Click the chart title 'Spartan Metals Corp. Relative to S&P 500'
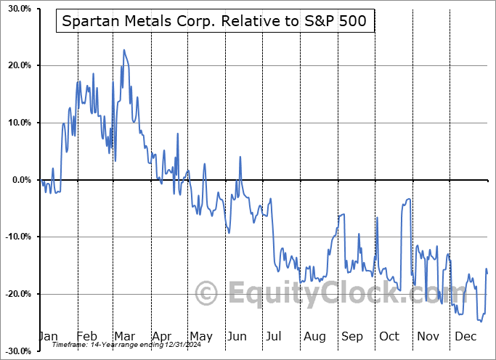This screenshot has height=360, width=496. point(216,22)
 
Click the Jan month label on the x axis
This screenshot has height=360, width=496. point(48,336)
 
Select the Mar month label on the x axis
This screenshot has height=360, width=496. point(124,336)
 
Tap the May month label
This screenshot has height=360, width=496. point(200,336)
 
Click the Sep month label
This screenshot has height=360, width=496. point(352,336)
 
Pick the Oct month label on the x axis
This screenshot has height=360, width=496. point(390,336)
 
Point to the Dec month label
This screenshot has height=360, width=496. point(465,336)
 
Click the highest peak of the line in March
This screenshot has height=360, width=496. point(124,50)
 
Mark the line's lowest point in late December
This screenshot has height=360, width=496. point(480,321)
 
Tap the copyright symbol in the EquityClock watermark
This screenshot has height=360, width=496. point(207,293)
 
